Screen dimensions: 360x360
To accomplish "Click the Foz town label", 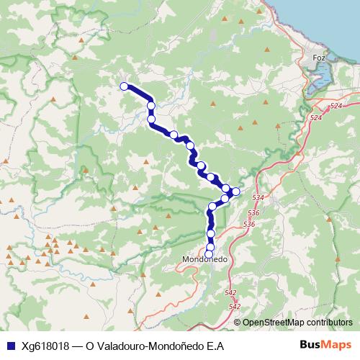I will [320, 56].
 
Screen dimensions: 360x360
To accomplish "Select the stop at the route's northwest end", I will [123, 86].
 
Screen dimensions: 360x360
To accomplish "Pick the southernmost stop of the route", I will [209, 254].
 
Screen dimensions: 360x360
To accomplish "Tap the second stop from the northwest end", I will [151, 106].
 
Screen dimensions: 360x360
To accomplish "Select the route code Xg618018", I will [44, 346].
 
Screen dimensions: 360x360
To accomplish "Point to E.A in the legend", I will [216, 346].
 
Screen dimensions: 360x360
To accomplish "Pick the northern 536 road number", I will [253, 214].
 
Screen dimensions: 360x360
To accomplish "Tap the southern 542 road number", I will [235, 307].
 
